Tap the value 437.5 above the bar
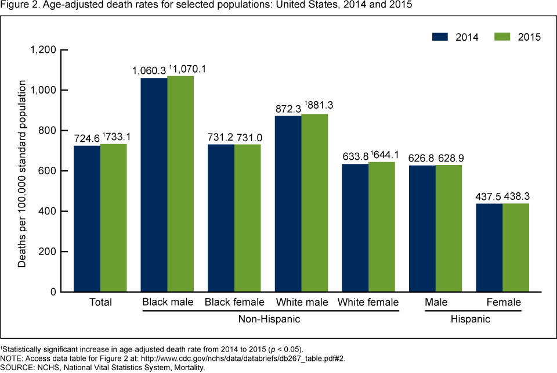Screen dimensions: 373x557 pos(488,197)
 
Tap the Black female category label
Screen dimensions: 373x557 pos(234,302)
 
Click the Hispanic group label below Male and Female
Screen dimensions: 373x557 pos(471,320)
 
